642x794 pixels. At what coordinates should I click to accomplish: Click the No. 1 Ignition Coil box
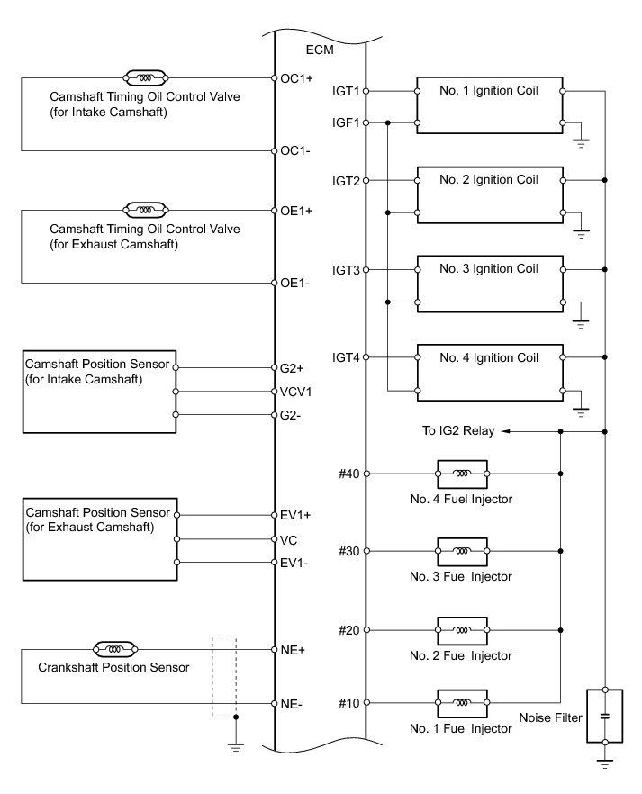(x=490, y=106)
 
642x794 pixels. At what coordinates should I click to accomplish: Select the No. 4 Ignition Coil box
(x=490, y=374)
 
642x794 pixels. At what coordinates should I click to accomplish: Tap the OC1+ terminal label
(x=296, y=78)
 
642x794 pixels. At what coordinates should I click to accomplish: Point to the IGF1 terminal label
(x=346, y=123)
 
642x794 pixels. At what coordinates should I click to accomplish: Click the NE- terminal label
(x=294, y=704)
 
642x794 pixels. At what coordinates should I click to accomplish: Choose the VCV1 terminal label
(x=296, y=392)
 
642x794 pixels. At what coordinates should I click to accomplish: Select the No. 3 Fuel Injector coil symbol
(x=461, y=551)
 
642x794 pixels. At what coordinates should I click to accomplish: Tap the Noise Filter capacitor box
(x=605, y=716)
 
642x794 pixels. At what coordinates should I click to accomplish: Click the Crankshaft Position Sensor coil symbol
(x=114, y=648)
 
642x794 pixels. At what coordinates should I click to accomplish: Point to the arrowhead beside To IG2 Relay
(x=506, y=432)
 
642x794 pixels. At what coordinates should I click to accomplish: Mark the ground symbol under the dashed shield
(x=235, y=745)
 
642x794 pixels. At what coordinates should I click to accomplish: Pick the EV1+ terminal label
(x=296, y=516)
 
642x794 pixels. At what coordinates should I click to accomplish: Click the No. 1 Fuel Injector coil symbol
(x=461, y=702)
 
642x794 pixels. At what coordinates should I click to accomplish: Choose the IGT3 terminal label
(x=346, y=270)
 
